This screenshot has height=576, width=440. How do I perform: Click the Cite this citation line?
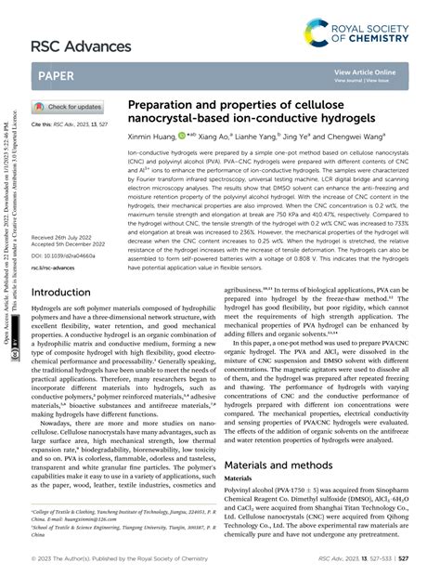(70, 123)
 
